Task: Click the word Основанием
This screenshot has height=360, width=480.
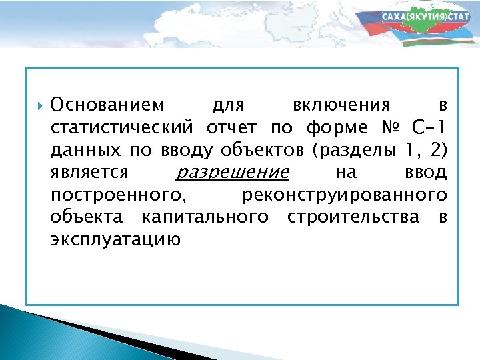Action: click(106, 105)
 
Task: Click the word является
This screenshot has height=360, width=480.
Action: click(89, 173)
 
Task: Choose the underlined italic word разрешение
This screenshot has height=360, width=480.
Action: click(231, 173)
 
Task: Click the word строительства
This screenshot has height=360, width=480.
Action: click(353, 217)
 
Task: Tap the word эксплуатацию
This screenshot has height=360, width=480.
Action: click(115, 240)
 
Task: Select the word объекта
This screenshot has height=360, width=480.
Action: click(86, 217)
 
